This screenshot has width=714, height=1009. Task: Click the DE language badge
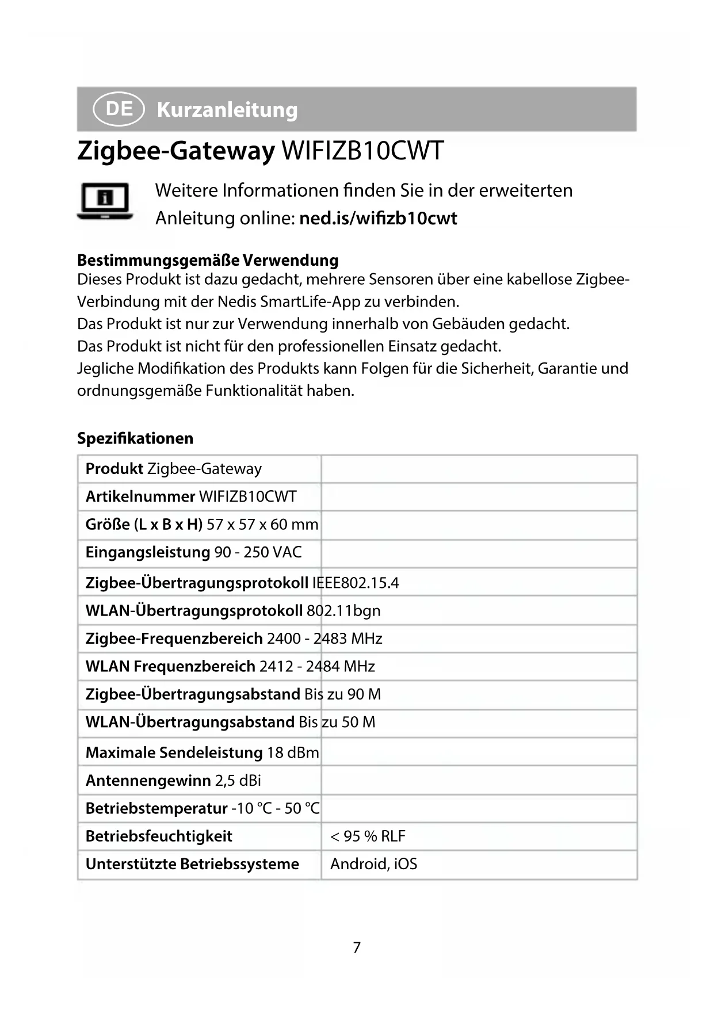pos(119,109)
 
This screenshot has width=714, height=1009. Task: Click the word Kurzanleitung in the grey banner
pos(227,109)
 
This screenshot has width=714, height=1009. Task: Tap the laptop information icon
pos(105,201)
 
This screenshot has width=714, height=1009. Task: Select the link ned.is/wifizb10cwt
pos(378,219)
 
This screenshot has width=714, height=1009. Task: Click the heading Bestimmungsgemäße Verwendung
pos(208,260)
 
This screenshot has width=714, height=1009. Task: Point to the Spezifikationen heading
pos(135,438)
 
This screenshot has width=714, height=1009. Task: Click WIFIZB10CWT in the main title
pos(362,151)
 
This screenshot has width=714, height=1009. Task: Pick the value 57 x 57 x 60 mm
pos(262,525)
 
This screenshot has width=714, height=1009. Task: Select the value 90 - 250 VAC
pos(258,552)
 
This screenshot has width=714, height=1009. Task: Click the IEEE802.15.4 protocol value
pos(355,583)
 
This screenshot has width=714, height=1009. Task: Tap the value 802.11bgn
pos(343,610)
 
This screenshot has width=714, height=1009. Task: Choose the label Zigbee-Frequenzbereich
pos(174,639)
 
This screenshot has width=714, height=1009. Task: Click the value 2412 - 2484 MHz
pos(317,666)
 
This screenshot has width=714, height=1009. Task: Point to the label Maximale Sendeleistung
pos(174,752)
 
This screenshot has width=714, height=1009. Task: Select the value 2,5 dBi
pos(238,781)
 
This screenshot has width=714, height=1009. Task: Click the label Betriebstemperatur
pos(156,808)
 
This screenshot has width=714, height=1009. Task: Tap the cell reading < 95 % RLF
pos(368,836)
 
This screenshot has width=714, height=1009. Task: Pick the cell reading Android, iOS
pos(373,864)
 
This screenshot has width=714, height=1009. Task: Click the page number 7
pos(357,947)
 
